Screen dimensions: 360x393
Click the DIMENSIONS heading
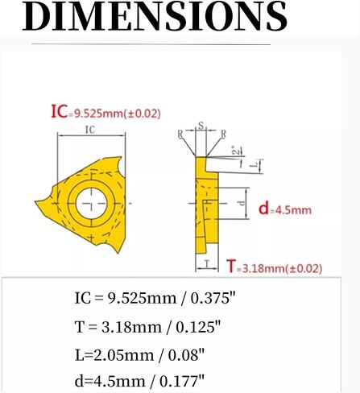click(x=155, y=15)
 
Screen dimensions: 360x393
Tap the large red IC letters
click(x=59, y=111)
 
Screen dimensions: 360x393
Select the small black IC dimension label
click(x=90, y=130)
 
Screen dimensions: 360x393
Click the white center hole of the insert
click(x=92, y=203)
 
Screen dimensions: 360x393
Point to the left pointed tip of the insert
click(x=35, y=201)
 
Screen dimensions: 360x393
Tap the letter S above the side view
click(x=201, y=125)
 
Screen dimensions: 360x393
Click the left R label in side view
click(x=180, y=134)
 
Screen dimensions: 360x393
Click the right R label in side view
click(x=223, y=134)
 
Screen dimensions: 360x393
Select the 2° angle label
click(x=234, y=150)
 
